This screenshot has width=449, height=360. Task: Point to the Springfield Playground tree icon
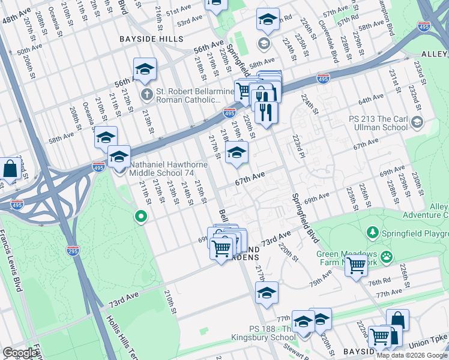coord(372,232)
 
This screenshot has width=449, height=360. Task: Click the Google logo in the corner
coord(20,353)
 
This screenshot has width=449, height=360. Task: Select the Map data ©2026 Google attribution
coord(412,355)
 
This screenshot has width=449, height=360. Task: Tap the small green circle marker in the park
coord(141,216)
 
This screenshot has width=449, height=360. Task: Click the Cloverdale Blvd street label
coord(332,44)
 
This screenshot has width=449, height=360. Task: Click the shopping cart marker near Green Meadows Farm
coord(357,265)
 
